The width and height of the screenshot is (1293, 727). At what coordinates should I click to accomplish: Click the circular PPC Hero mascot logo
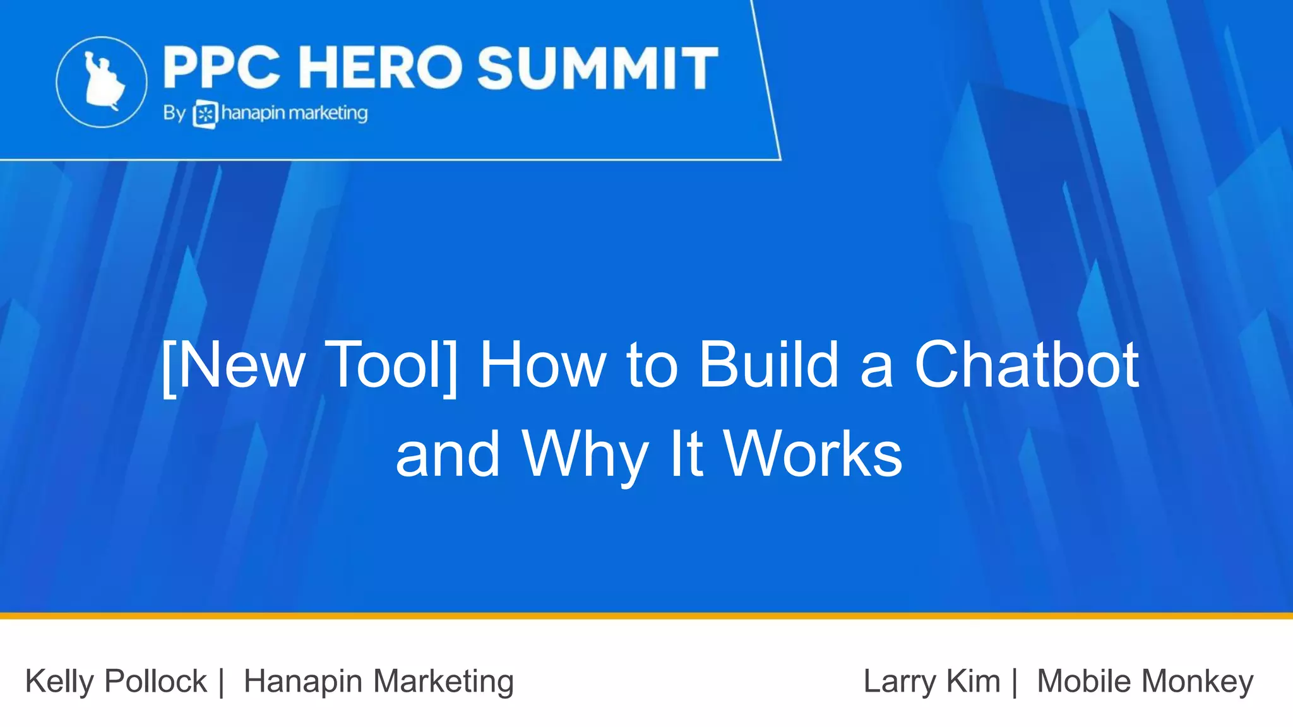pyautogui.click(x=102, y=82)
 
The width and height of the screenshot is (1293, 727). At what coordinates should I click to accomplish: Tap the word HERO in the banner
pyautogui.click(x=381, y=68)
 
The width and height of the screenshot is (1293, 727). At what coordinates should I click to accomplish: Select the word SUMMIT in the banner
pyautogui.click(x=597, y=68)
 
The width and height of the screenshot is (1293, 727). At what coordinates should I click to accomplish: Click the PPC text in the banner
pyautogui.click(x=222, y=68)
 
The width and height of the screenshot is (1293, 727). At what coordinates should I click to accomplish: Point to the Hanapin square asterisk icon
pyautogui.click(x=205, y=115)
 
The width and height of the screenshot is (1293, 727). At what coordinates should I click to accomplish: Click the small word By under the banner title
pyautogui.click(x=174, y=113)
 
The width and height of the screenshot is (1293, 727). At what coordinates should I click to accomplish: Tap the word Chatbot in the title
pyautogui.click(x=1026, y=365)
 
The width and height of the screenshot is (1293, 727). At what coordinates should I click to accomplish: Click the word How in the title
pyautogui.click(x=542, y=365)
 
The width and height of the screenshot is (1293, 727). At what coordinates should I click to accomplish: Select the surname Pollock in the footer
pyautogui.click(x=155, y=682)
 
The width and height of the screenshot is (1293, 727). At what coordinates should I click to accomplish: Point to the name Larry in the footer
pyautogui.click(x=900, y=682)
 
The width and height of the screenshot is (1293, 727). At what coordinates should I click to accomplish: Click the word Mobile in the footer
pyautogui.click(x=1083, y=682)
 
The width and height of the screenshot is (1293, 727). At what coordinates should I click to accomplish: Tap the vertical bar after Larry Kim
pyautogui.click(x=1015, y=682)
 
